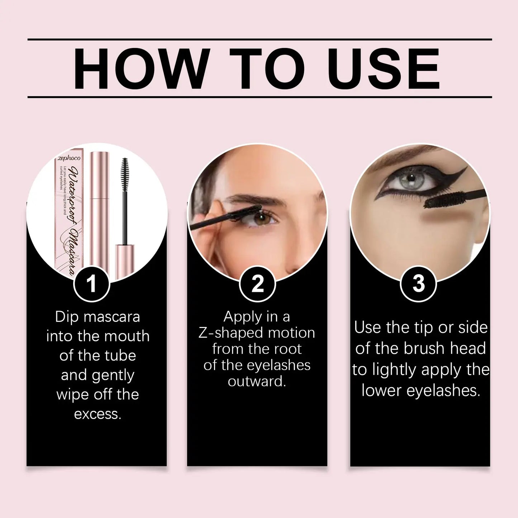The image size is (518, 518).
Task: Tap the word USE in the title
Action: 384,68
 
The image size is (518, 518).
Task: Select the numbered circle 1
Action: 91,284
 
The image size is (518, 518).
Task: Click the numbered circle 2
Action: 257,284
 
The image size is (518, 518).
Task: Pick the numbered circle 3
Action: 418,284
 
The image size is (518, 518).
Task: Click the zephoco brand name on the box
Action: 69,158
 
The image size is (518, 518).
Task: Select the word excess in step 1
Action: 98,414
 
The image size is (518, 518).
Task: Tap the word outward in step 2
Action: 257,381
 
